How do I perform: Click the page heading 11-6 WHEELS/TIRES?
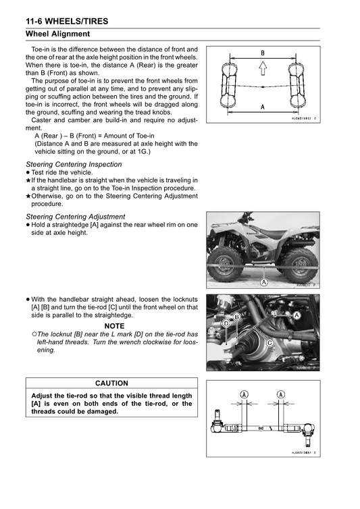point(67,22)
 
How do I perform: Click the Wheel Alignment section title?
point(58,34)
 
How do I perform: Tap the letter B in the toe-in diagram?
point(263,53)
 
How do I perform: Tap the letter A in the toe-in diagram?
point(263,107)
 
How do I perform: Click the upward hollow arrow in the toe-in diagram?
point(263,69)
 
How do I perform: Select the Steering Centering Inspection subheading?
point(74,164)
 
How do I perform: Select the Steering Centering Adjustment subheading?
point(76,217)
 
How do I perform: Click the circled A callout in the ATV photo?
point(264,282)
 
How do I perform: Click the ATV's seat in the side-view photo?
point(276,233)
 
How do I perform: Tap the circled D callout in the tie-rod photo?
point(226,323)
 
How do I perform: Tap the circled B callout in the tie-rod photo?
point(237,317)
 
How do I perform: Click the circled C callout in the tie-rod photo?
point(269,343)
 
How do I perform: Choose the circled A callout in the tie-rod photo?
point(297,315)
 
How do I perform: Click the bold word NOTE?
point(114,326)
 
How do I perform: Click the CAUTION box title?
point(111,383)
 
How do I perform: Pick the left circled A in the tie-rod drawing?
point(244,394)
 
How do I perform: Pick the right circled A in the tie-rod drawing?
point(281,394)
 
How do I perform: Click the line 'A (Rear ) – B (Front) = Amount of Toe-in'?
point(95,136)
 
